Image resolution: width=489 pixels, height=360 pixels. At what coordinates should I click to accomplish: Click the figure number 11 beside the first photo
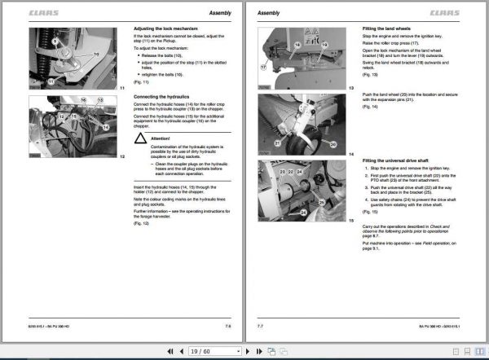(121, 87)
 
